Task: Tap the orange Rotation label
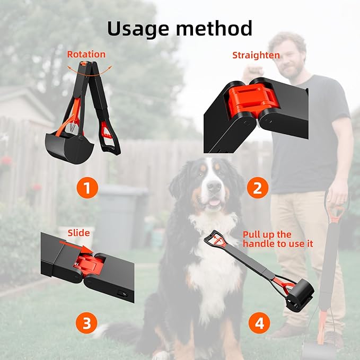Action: pyautogui.click(x=86, y=54)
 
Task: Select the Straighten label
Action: pyautogui.click(x=256, y=55)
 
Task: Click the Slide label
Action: pyautogui.click(x=78, y=233)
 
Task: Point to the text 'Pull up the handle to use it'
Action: pyautogui.click(x=277, y=239)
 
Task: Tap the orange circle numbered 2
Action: pyautogui.click(x=257, y=188)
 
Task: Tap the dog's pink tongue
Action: pyautogui.click(x=214, y=202)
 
